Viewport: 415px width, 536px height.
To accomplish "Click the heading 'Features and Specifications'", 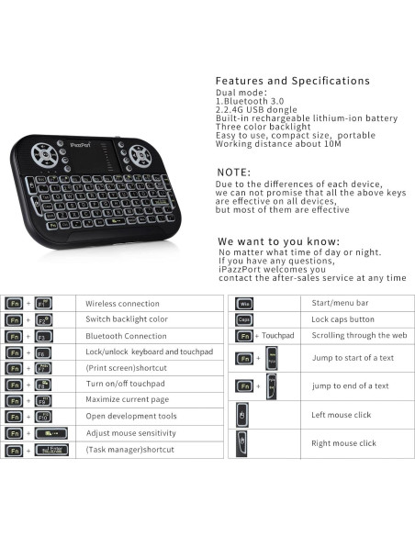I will tap(292, 81).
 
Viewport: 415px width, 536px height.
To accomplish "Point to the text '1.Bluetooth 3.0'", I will tap(243, 101).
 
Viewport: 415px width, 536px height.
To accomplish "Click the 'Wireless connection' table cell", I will tap(122, 304).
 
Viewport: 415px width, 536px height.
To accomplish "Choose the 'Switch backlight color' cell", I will tap(127, 319).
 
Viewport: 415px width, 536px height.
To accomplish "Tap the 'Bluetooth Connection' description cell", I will tap(126, 336).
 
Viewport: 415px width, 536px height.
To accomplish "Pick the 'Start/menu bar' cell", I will tap(340, 303).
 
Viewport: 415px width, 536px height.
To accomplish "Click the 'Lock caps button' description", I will tap(342, 319).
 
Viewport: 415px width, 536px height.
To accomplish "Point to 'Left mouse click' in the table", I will tap(342, 415).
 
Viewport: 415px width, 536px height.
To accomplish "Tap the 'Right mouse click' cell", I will tap(343, 443).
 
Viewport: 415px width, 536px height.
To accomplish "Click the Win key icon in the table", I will tap(244, 304).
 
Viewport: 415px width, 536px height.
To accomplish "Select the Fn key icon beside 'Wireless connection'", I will tap(15, 304).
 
